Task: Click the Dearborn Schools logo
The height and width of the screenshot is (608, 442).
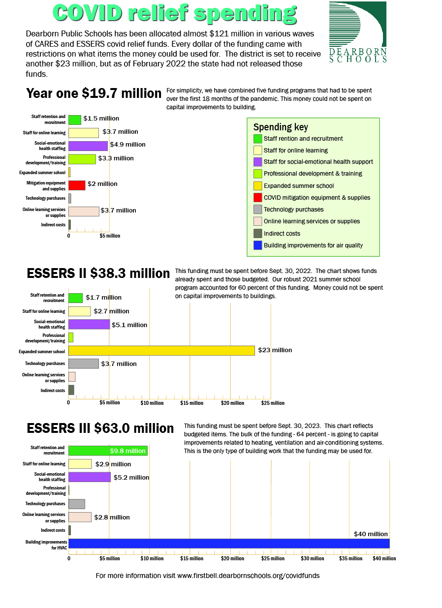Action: click(358, 32)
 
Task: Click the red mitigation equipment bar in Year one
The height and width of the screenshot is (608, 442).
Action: click(77, 185)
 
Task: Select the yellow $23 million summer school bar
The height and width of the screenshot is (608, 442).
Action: click(161, 350)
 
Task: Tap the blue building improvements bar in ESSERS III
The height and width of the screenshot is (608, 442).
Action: click(229, 543)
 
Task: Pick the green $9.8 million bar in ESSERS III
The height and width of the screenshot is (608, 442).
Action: click(108, 451)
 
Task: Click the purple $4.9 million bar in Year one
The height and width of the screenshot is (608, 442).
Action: click(88, 146)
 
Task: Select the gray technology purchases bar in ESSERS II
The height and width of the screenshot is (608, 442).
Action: click(83, 364)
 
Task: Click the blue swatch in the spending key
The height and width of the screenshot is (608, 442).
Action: click(257, 245)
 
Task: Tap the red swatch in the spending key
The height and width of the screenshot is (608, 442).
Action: click(257, 198)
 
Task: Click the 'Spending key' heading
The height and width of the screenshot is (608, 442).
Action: click(281, 127)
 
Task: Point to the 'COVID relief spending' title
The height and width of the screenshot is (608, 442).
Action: click(175, 13)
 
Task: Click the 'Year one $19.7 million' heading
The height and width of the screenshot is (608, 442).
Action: click(94, 93)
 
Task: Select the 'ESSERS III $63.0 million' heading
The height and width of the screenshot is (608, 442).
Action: click(100, 428)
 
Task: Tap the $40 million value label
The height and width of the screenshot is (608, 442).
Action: click(371, 534)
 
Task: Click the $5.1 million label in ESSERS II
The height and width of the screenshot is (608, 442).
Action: click(129, 325)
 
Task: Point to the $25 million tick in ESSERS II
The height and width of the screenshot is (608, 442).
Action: click(273, 403)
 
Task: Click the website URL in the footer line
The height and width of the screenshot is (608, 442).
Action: click(248, 576)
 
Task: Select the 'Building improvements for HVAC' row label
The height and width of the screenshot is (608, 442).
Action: click(45, 544)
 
